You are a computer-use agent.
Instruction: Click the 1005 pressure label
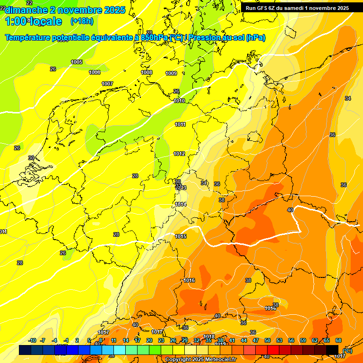coord(77,62)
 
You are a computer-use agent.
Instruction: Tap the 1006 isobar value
coord(95,72)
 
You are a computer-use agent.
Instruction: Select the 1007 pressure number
coord(107,84)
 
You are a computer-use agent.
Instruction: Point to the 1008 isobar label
coord(147,72)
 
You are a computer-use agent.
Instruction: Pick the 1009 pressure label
coord(171,73)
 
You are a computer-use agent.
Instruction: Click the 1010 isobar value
coord(179,101)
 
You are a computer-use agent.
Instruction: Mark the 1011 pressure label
coord(180,124)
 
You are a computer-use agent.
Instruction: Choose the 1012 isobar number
coord(179,154)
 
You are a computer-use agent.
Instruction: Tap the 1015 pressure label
coord(181,236)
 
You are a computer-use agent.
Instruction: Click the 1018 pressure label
coord(209,337)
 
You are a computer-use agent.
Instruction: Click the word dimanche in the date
coord(24,10)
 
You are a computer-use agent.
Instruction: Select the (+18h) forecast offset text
coord(82,21)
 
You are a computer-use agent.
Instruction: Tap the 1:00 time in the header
coord(17,21)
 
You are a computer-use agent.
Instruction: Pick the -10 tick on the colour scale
coord(32,340)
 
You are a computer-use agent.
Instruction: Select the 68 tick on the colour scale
coord(338,340)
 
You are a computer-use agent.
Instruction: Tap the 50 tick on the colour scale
coord(268,340)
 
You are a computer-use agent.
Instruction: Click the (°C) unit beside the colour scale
coord(347,350)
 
